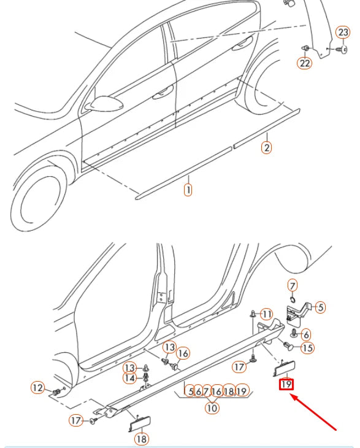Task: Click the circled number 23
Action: (x=344, y=33)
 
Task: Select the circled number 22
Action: (x=305, y=62)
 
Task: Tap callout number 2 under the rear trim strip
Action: (x=266, y=147)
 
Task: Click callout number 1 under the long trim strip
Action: (x=188, y=190)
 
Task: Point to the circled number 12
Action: (x=38, y=387)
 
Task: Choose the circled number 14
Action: (x=130, y=378)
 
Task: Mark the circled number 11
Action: (x=266, y=314)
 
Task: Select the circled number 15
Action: (x=307, y=348)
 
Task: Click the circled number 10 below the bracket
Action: (x=212, y=406)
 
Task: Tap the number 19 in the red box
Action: (x=286, y=385)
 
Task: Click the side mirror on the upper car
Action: (x=96, y=104)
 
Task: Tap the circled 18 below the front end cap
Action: (x=141, y=439)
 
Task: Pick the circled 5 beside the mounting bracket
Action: (x=321, y=307)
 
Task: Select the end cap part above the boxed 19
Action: (x=284, y=368)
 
